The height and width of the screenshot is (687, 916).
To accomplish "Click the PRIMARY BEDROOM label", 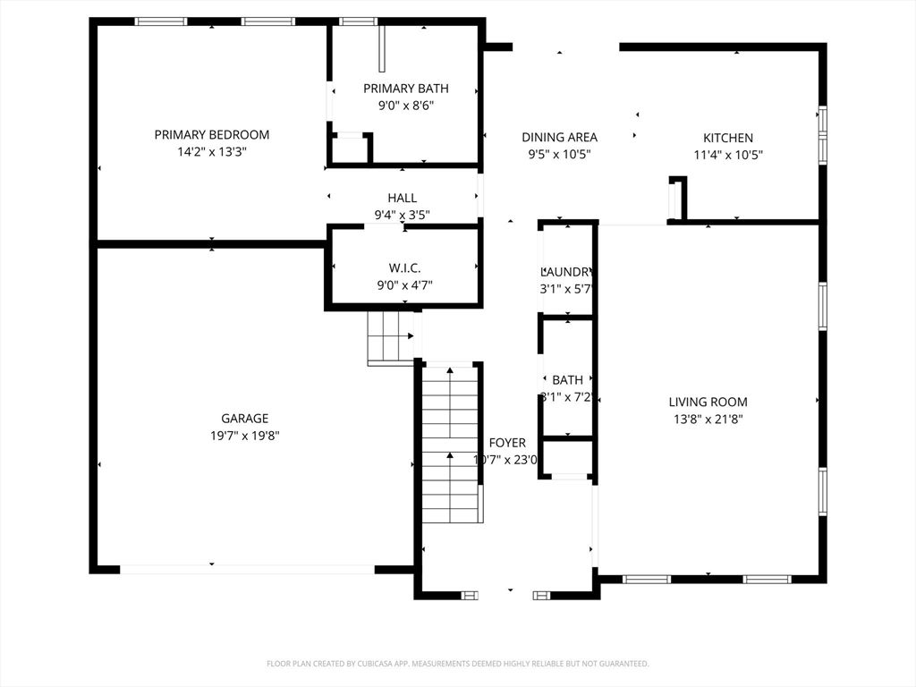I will [211, 135].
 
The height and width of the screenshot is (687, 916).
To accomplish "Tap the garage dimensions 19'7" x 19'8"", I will [244, 436].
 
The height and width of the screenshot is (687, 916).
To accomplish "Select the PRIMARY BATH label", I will [405, 89].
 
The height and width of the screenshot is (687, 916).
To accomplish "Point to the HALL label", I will [402, 198].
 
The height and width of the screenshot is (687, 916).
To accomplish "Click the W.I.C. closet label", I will [405, 268].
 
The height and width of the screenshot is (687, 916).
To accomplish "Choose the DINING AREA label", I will [559, 138].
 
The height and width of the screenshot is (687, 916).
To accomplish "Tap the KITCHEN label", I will [727, 138].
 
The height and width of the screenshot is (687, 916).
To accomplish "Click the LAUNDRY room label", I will [567, 272].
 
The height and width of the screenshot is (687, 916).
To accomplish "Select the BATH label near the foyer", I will [567, 380].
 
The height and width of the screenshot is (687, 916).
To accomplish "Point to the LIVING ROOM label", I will [708, 402].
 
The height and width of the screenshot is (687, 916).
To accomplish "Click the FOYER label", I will [507, 443].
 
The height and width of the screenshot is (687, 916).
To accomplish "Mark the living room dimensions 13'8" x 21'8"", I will [708, 419].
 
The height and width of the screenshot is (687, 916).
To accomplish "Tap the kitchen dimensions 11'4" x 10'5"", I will [727, 155].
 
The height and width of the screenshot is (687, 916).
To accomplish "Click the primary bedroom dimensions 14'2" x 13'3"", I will [211, 152].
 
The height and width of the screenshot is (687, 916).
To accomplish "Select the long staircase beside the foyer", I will [450, 443].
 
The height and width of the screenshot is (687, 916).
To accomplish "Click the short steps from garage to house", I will [392, 336].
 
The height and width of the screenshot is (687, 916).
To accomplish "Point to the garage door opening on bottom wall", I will [247, 569].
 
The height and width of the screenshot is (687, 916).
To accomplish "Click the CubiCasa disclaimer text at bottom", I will [457, 664].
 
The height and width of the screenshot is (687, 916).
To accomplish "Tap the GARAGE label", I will [244, 419].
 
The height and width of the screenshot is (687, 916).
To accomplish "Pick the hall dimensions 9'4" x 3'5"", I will [402, 215].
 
